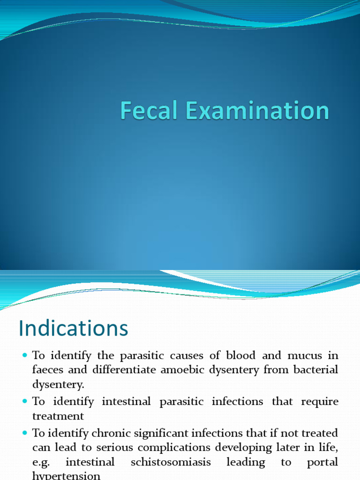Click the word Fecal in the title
point(148,111)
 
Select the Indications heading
point(74,328)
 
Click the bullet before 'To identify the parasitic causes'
point(25,356)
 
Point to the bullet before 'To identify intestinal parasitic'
point(25,402)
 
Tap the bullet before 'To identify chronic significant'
point(25,433)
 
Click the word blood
point(240,356)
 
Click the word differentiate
point(124,370)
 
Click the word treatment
point(58,416)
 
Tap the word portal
point(322,462)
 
